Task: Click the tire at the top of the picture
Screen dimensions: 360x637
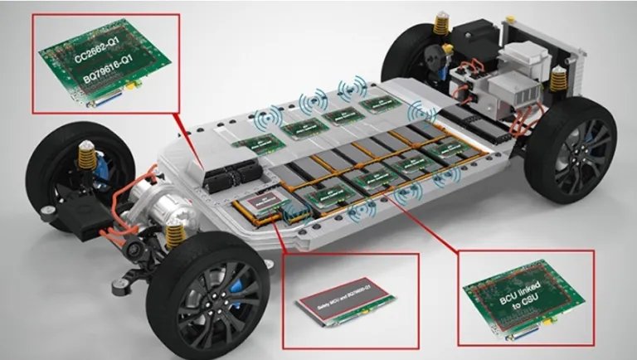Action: coord(415,50)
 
